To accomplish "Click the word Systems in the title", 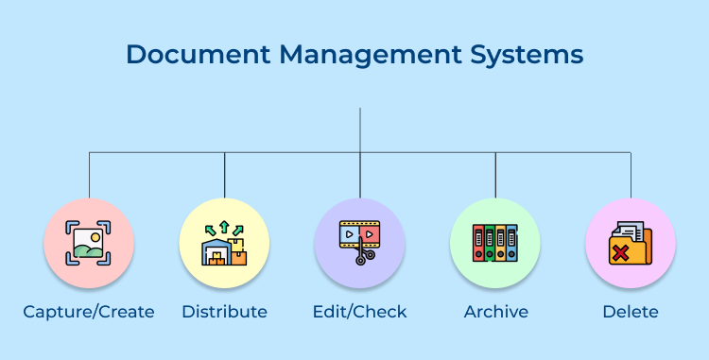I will point(533,55).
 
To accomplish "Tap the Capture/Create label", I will point(90,311).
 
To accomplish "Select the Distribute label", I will point(224,311).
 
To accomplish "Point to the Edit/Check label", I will point(360,311).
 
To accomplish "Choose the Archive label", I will point(495,311).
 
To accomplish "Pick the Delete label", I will point(631,311).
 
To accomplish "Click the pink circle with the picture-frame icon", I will point(89,243).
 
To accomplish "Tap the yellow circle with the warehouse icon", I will point(224,243).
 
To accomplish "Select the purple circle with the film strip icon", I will point(360,243).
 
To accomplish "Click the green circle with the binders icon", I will point(495,243).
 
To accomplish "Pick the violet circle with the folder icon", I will point(631,243).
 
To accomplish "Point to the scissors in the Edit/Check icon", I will point(360,256).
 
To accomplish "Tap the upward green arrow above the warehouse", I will point(224,224).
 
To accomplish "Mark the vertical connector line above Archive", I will point(495,174).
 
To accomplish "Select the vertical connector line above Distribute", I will point(225,174).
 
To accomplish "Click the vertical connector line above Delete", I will point(631,174).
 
